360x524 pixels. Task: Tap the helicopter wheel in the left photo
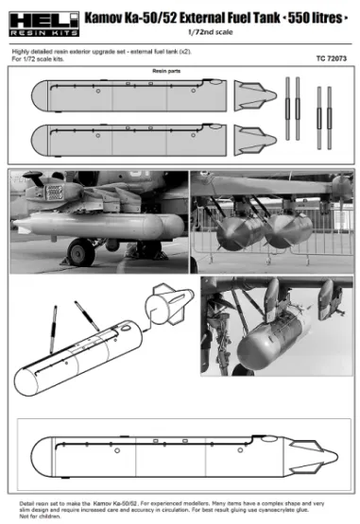pos(80,252)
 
